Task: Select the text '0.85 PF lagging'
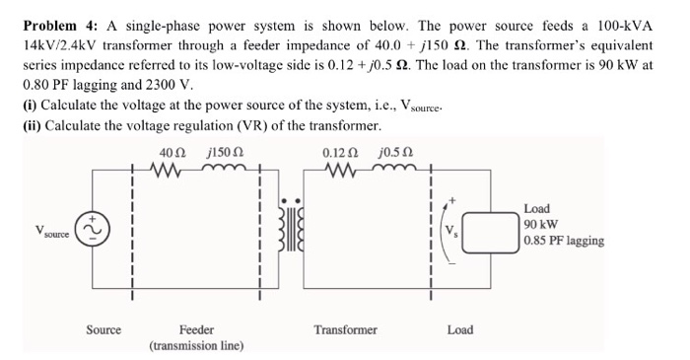564,241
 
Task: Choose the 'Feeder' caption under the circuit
196,329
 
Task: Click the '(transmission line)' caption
196,346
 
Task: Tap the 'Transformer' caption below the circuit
345,329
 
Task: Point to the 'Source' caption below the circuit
103,329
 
